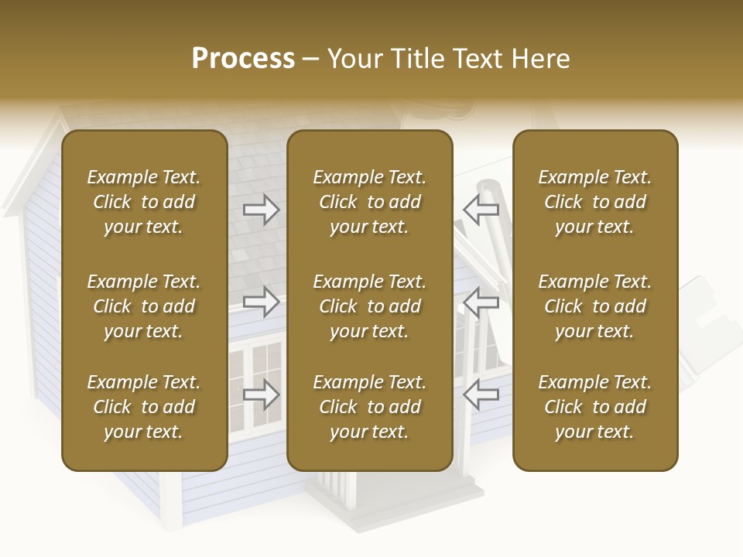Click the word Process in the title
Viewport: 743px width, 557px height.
(243, 59)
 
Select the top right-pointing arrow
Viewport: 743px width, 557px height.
(261, 210)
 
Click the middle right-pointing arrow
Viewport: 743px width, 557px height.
(261, 302)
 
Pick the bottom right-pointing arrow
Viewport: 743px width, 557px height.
(261, 395)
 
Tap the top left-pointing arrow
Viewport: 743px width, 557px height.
(481, 210)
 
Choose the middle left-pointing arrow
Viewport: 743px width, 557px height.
(481, 302)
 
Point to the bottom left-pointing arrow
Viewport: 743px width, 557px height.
(481, 395)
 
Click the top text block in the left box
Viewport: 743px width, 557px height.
(144, 202)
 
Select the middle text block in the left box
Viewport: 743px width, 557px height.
(144, 306)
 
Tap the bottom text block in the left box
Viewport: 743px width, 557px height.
(144, 407)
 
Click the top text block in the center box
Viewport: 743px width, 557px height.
(369, 202)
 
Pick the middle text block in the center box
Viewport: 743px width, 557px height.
(369, 306)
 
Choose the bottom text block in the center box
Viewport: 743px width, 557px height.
(369, 407)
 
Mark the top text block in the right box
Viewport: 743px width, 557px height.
(595, 202)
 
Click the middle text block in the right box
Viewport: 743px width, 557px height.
(595, 306)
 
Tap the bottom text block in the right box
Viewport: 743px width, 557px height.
(595, 407)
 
